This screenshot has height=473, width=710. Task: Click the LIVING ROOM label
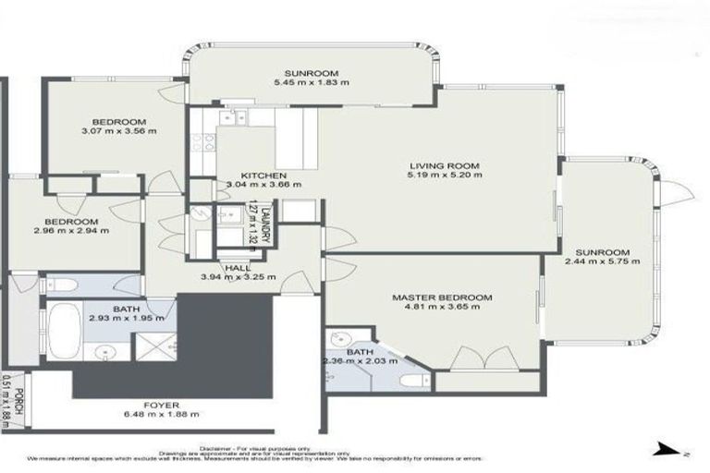click(448, 166)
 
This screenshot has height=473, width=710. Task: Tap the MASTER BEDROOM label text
click(442, 297)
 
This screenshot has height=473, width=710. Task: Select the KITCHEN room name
click(263, 176)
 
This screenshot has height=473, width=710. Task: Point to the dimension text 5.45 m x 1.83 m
click(312, 83)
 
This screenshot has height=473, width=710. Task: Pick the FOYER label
click(162, 404)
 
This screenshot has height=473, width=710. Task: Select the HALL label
click(237, 268)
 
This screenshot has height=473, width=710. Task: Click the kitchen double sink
click(232, 116)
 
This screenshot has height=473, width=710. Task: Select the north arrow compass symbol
click(667, 450)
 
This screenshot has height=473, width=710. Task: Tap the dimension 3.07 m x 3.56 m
click(119, 131)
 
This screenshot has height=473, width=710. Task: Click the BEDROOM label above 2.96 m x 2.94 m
click(71, 222)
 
